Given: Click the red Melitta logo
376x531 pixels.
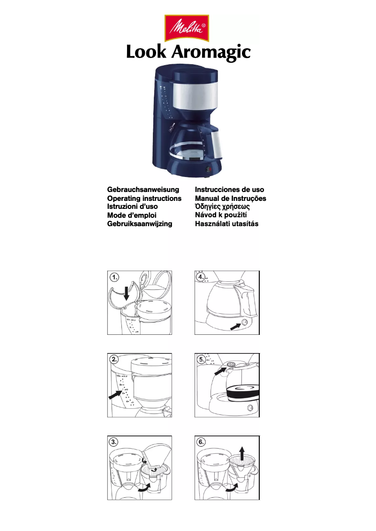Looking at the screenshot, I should coord(187,28).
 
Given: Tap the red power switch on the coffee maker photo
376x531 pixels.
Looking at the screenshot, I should coord(209,169).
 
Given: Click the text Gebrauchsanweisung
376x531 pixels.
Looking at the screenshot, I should coord(143,190).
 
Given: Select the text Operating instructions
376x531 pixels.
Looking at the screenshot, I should coord(144,198).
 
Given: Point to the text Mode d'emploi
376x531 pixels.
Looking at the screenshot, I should coord(132,215).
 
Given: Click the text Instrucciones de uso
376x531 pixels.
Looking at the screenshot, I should coord(229,190).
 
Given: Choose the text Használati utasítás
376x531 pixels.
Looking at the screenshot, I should coord(226,224).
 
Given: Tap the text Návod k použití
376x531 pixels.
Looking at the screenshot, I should coord(221,215).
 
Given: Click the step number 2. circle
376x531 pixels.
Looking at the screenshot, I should coord(114,360).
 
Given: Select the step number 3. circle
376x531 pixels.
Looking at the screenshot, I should coord(114,442).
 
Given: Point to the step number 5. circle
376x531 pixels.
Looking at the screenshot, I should coord(202,360).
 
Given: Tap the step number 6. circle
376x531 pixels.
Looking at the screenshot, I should coord(202,442).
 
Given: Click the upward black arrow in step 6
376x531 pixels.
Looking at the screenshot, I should coord(242,453).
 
